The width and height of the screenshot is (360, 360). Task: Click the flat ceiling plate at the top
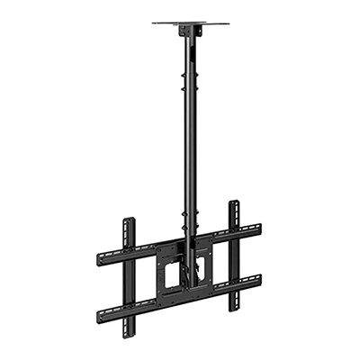click(190, 23)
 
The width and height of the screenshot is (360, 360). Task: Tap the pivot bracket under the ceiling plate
click(186, 32)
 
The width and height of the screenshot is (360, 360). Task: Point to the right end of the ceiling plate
click(226, 22)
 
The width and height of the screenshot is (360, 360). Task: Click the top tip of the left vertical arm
click(129, 220)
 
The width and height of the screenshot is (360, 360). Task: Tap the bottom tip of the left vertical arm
click(130, 329)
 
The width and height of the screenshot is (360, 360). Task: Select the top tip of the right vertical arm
click(234, 202)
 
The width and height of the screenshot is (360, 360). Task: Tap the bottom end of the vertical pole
click(190, 285)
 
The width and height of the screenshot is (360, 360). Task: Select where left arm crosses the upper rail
click(130, 253)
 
